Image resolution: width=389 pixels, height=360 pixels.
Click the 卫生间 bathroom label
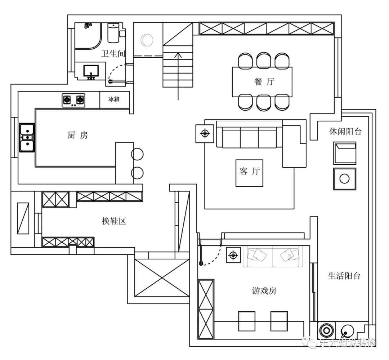pyautogui.click(x=113, y=54)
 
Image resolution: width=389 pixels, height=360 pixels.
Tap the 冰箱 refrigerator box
pyautogui.click(x=115, y=100)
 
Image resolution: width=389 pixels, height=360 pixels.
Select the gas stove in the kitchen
pyautogui.click(x=73, y=100)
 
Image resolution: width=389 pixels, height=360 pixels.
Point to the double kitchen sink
pyautogui.click(x=27, y=137)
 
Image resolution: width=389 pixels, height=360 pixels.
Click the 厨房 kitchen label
pyautogui.click(x=78, y=135)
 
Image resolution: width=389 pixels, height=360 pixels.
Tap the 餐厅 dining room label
pyautogui.click(x=264, y=81)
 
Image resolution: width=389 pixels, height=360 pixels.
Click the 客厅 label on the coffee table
pyautogui.click(x=250, y=171)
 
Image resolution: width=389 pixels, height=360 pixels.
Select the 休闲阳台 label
pyautogui.click(x=345, y=132)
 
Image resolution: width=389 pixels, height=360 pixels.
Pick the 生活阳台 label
pyautogui.click(x=344, y=276)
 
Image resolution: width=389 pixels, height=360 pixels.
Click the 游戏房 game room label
pyautogui.click(x=264, y=290)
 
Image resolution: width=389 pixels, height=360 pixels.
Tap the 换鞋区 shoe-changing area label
pyautogui.click(x=114, y=221)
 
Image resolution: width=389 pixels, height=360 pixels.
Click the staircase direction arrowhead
pyautogui.click(x=178, y=55)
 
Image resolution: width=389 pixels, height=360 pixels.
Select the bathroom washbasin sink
pyautogui.click(x=91, y=71)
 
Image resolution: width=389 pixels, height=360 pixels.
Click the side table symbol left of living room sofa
pyautogui.click(x=205, y=134)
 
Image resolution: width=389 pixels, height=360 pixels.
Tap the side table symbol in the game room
pyautogui.click(x=233, y=255)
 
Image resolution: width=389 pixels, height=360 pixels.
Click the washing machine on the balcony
pyautogui.click(x=326, y=330)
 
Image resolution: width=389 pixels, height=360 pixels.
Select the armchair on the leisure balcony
pyautogui.click(x=345, y=153)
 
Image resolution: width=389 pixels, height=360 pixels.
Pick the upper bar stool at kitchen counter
pyautogui.click(x=137, y=154)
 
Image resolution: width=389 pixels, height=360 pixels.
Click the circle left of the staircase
pyautogui.click(x=147, y=40)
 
